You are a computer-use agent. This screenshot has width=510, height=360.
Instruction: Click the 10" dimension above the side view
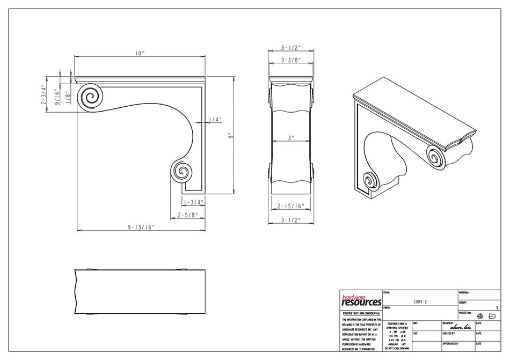pyautogui.click(x=140, y=54)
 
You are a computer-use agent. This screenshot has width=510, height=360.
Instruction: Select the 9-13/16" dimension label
pyautogui.click(x=141, y=227)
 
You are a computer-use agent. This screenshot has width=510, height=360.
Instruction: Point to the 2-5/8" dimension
pyautogui.click(x=188, y=215)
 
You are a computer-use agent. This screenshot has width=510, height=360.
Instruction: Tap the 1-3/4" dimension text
pyautogui.click(x=192, y=202)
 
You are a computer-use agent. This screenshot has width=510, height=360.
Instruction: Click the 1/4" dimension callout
pyautogui.click(x=215, y=120)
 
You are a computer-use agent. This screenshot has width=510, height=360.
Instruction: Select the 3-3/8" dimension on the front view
pyautogui.click(x=290, y=60)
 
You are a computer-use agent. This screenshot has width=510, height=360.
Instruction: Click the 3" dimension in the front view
pyautogui.click(x=290, y=138)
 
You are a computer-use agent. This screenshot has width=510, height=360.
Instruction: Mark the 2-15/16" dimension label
pyautogui.click(x=291, y=205)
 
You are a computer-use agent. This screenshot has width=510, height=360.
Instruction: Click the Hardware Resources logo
pyautogui.click(x=361, y=300)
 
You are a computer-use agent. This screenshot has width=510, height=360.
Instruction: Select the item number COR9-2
pyautogui.click(x=419, y=302)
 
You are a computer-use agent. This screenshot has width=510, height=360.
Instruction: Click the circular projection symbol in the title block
pyautogui.click(x=480, y=316)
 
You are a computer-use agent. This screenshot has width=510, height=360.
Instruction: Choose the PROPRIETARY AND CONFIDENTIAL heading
pyautogui.click(x=361, y=313)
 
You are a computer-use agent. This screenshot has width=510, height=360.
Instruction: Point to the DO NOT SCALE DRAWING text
pyautogui.click(x=397, y=349)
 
